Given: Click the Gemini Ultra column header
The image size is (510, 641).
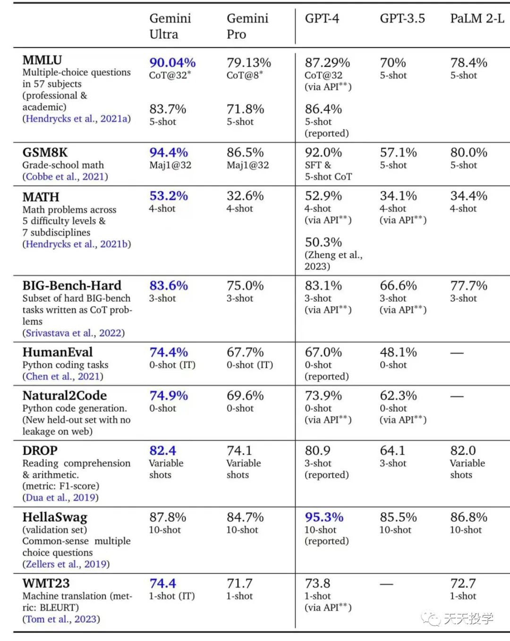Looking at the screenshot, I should coord(170,26).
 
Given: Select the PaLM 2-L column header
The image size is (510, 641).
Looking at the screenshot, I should coord(477,18).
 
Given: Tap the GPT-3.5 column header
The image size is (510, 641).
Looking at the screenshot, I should coord(402,18).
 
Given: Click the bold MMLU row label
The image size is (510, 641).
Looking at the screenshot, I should coord(42,60).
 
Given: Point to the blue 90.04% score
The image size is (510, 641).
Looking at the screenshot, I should coord(172,62).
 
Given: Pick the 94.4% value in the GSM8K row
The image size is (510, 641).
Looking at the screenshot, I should coord(169,152).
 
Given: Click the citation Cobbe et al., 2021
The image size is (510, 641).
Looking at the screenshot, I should coord(65,177).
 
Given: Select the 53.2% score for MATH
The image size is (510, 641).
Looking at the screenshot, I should coord(169,196).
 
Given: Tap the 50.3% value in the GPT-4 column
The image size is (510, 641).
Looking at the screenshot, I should coord(323,242).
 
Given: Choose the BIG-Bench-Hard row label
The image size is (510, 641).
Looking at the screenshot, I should coord(72,286).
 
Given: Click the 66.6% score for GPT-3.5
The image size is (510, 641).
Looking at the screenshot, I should coord(398,286).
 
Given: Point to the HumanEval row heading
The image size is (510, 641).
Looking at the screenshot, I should coord(58,352).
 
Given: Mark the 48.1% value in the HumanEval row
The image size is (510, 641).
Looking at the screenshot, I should coord(398,352).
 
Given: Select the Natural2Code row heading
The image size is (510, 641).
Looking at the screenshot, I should coord(65,396).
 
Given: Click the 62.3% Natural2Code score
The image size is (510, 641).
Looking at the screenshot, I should coord(398,396).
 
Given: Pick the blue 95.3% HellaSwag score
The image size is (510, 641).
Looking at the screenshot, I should coord(324,517).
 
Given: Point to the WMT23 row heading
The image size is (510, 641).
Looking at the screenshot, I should coord(46,583).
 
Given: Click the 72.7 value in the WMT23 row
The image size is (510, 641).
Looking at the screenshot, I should coord(463,583).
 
